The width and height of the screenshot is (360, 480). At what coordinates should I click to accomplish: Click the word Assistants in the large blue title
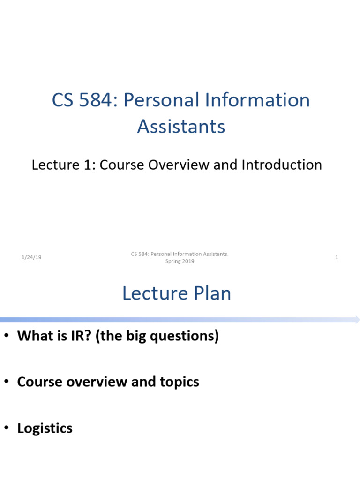click(181, 127)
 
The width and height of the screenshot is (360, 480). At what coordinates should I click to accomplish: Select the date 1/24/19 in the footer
click(31, 257)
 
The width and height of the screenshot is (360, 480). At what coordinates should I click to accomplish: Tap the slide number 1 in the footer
click(337, 257)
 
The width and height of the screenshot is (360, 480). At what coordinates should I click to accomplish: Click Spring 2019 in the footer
click(180, 261)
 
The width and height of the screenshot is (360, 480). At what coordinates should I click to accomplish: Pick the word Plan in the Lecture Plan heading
click(210, 293)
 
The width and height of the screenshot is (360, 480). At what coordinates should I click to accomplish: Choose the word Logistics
click(45, 428)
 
